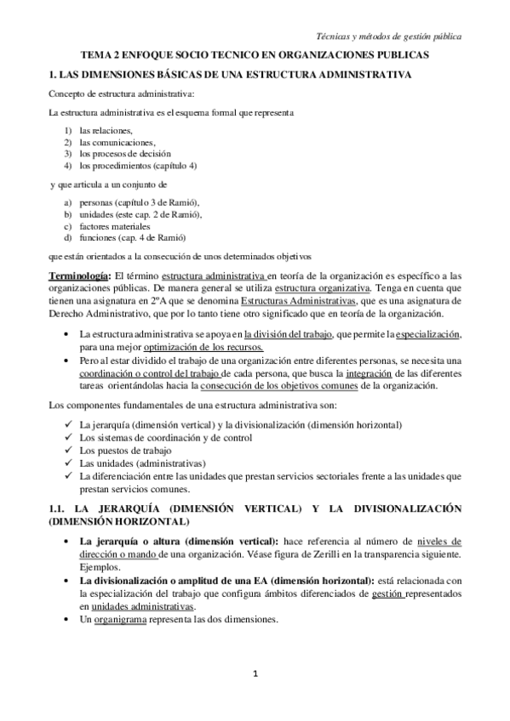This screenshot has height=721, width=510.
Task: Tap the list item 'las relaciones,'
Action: pyautogui.click(x=106, y=130)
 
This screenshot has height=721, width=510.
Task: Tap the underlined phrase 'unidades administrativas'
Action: pyautogui.click(x=144, y=606)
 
